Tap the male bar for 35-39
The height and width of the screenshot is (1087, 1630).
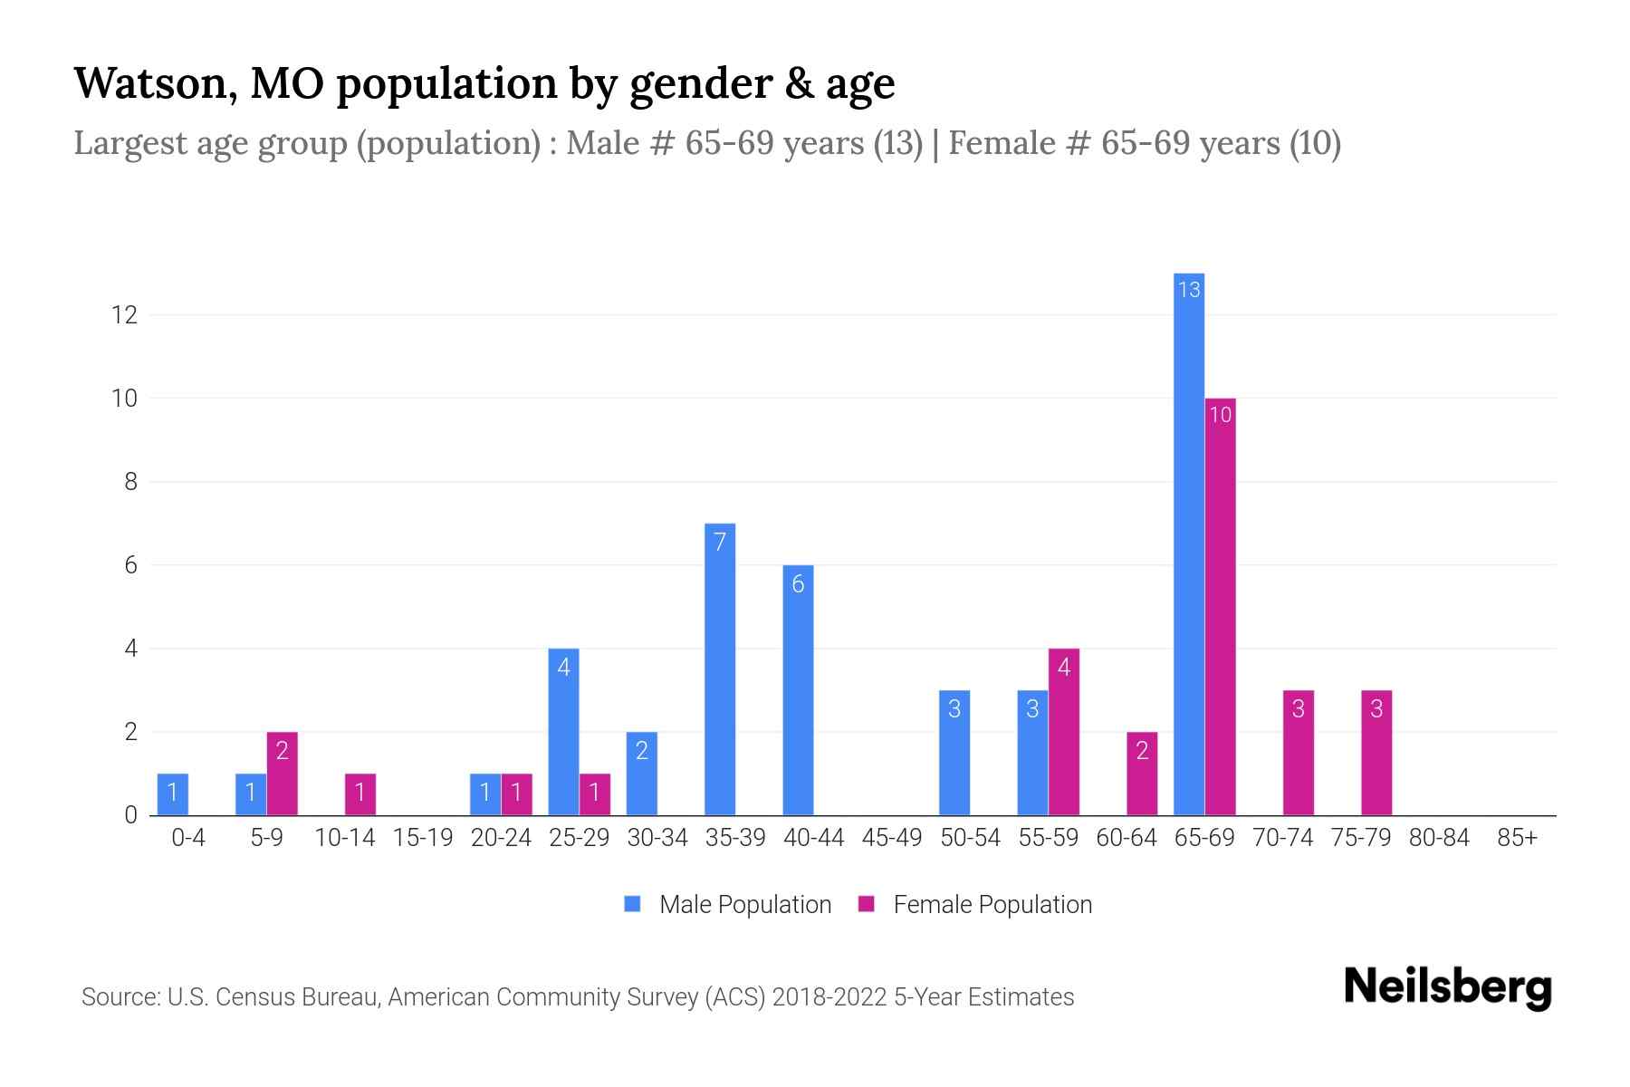[x=720, y=670]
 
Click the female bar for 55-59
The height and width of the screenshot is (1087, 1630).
[x=1063, y=732]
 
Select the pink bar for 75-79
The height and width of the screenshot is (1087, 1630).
[x=1376, y=753]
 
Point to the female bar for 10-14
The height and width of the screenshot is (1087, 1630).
[x=360, y=794]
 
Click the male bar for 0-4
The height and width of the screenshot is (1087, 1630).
[x=172, y=794]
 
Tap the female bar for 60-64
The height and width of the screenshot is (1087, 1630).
[x=1142, y=774]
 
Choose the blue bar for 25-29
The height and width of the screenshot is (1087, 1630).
[x=563, y=732]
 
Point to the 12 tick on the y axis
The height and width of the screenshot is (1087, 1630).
[x=124, y=315]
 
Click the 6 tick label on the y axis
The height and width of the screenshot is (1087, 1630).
[x=131, y=565]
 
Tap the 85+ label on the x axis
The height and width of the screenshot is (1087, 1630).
[x=1517, y=838]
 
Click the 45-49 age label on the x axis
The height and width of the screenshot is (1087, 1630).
[x=891, y=838]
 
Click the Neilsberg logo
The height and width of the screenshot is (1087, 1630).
[x=1447, y=987]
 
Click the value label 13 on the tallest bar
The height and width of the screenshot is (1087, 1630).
[x=1188, y=290]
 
